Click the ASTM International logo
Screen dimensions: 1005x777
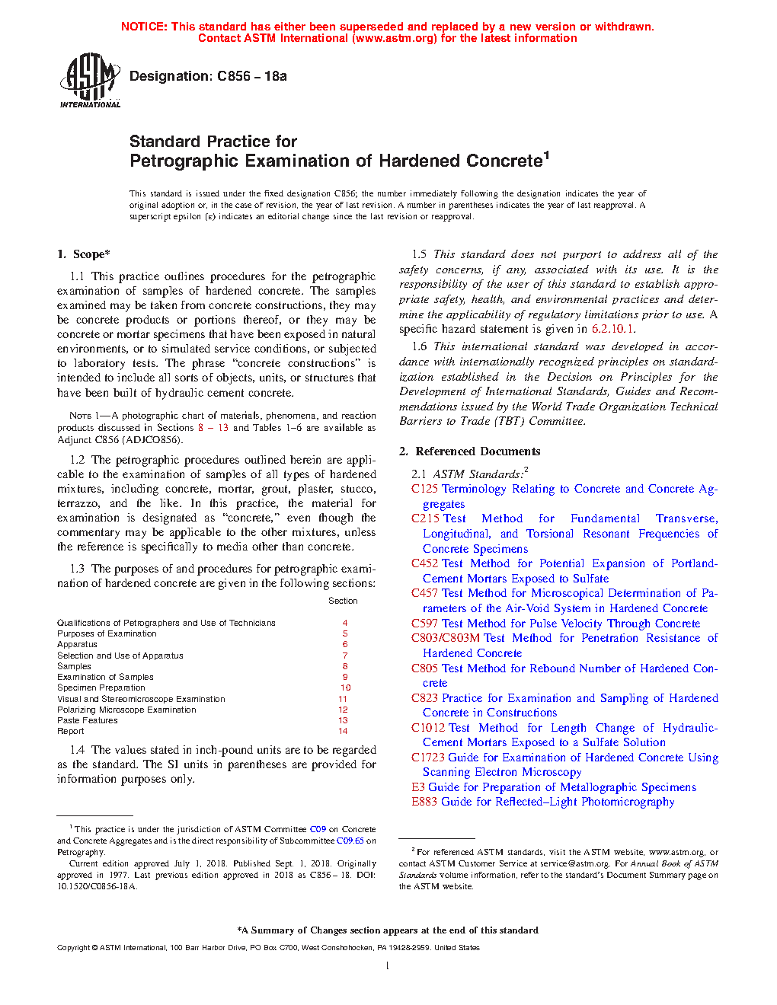[90, 80]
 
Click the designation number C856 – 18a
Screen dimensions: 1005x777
[252, 76]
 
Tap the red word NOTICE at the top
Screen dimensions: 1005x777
[143, 27]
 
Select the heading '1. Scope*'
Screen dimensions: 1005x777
[84, 254]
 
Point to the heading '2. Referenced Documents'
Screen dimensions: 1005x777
[470, 451]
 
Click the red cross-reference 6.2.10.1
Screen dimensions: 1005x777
[612, 329]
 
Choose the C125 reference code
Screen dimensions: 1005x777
[424, 489]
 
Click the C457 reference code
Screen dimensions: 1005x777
[424, 593]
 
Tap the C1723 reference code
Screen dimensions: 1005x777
[428, 758]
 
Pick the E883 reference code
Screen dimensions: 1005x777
[424, 802]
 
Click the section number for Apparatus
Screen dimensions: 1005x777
[344, 644]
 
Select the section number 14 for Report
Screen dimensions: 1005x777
[343, 731]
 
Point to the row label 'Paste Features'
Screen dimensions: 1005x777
[88, 720]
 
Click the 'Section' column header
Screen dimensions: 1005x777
[343, 601]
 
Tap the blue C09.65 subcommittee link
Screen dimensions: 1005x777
[350, 841]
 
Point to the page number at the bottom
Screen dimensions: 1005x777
[388, 966]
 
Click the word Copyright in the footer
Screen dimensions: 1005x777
[74, 948]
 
